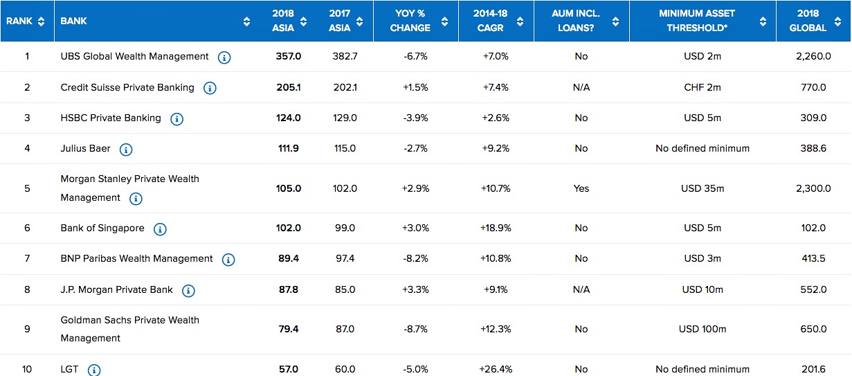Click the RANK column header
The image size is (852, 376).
19,21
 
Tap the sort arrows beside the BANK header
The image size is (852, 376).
246,21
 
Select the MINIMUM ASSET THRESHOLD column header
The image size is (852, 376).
697,21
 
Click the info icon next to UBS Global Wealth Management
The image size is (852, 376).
224,57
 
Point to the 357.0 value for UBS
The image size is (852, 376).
289,56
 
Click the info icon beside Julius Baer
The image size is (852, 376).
126,150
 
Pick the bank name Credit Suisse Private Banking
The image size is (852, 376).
127,87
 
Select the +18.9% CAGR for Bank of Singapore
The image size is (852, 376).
496,228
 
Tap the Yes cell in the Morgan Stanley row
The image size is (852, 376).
581,188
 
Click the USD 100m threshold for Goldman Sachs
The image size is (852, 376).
703,329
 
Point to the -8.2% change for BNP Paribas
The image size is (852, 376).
415,258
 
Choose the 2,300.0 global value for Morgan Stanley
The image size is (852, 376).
813,188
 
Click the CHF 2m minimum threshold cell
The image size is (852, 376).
703,87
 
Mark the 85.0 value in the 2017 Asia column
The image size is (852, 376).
345,289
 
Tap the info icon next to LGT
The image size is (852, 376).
94,370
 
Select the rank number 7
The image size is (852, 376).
27,258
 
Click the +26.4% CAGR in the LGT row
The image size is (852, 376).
496,369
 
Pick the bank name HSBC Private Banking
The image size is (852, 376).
111,118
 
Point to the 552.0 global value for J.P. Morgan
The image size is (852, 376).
813,289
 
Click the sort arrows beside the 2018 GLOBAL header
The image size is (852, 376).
837,21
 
